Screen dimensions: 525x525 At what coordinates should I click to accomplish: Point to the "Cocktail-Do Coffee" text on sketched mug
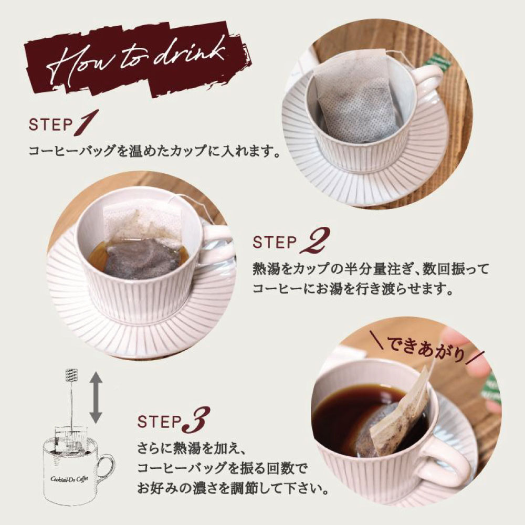[x=69, y=479]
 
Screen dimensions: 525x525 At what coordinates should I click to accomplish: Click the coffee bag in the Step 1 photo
[x=354, y=98]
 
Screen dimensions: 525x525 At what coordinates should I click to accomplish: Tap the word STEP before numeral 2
[x=275, y=241]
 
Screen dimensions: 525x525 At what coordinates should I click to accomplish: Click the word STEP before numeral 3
[x=159, y=422]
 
